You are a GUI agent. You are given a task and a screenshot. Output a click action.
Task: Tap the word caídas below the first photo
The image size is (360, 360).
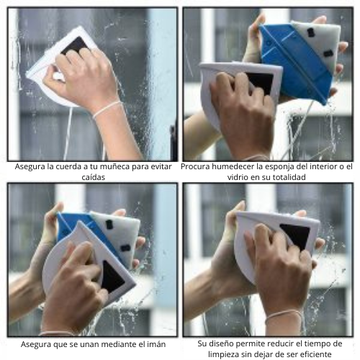(x=93, y=177)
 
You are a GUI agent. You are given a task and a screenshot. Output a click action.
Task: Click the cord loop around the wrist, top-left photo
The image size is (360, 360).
(x=107, y=109)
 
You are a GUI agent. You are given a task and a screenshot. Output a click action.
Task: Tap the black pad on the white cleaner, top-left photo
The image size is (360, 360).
(x=76, y=46)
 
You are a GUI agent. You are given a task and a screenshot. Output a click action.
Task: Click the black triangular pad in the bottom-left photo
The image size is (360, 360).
(x=112, y=276)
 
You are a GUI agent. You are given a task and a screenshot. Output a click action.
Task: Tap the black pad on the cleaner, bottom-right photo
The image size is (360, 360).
(x=296, y=236)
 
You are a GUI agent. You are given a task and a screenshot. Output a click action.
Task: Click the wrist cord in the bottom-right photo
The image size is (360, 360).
(x=284, y=315)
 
